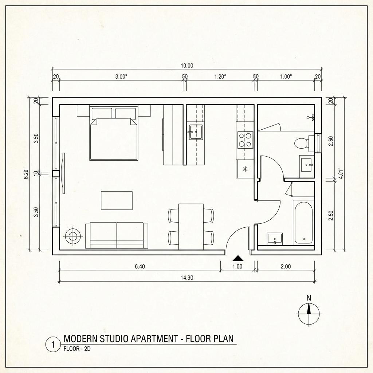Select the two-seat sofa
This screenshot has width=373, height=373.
(x=117, y=235)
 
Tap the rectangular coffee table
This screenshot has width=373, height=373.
(x=117, y=201)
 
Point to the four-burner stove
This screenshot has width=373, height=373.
(x=245, y=140)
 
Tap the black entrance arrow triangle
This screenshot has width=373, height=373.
(x=237, y=258)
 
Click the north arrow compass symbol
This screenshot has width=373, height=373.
(x=309, y=313)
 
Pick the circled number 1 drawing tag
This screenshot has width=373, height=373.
(x=53, y=345)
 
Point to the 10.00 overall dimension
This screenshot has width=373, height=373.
(x=187, y=66)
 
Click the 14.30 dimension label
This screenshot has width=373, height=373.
(x=187, y=278)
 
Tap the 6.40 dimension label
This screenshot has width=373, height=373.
(x=140, y=266)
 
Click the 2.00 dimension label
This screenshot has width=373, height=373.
(x=286, y=266)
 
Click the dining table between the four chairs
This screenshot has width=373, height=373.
(x=191, y=226)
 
